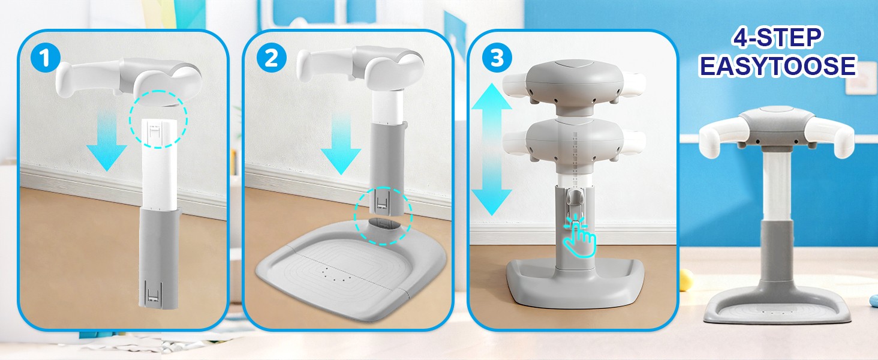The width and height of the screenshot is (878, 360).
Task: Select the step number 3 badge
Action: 497,58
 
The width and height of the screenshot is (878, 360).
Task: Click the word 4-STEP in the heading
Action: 777,38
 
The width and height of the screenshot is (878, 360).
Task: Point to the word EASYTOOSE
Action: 778,65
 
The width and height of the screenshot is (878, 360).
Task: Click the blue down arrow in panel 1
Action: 107,140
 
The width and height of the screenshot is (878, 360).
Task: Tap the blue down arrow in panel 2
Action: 341,145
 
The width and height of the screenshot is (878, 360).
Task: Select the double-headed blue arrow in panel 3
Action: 492,149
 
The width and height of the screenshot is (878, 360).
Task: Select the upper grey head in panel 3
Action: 575,87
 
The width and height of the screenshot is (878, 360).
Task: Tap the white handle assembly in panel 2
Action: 360,65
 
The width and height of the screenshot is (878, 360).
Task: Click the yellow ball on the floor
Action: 685,280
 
